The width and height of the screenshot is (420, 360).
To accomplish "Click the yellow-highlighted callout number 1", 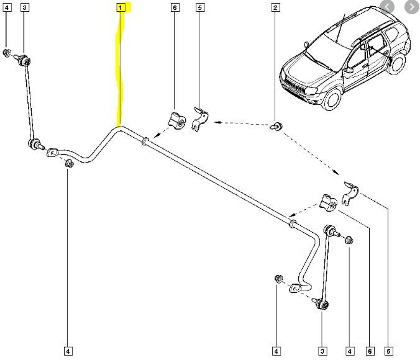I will point(121,7).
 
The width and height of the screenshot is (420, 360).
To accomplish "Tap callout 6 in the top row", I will point(175,7).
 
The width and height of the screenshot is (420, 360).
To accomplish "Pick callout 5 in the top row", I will point(199,7).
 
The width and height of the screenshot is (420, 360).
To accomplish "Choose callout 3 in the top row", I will point(24,7).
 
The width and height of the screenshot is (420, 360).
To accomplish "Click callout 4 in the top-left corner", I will point(7,7).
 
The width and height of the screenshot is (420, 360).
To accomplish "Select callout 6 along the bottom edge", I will point(370,351).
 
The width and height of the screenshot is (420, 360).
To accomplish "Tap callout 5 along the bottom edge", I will point(389,351).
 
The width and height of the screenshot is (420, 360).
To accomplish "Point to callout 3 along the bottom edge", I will point(322,351).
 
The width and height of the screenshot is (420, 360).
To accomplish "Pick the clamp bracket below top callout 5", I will point(199,117).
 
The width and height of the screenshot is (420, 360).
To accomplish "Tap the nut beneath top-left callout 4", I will point(7,52).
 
